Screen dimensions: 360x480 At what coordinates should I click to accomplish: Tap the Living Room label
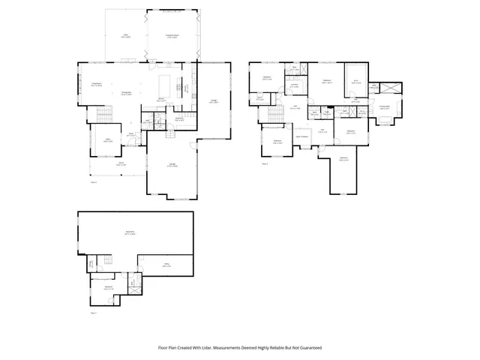click(96, 84)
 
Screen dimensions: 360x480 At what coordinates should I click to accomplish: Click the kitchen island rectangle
click(166, 81)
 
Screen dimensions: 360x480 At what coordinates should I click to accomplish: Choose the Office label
click(107, 140)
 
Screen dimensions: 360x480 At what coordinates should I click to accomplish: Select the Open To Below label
click(303, 136)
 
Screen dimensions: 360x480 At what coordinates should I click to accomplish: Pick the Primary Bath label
click(385, 107)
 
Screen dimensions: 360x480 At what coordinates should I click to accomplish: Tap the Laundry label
click(295, 85)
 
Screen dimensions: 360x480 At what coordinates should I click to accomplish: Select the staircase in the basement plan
click(106, 260)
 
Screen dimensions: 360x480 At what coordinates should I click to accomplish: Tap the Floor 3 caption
click(265, 163)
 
